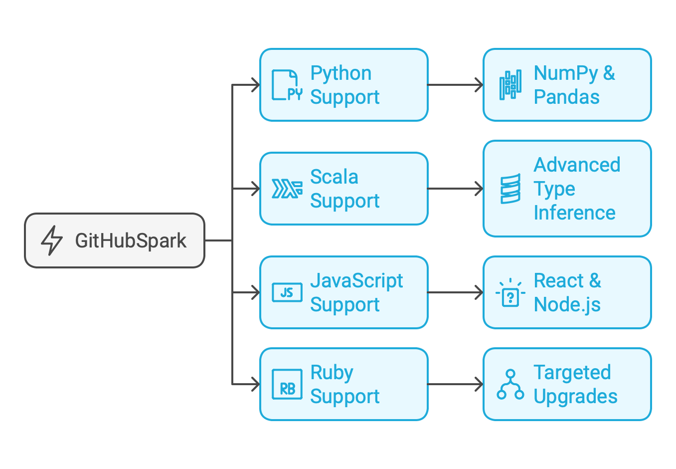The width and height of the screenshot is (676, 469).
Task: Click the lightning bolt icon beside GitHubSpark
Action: pyautogui.click(x=52, y=240)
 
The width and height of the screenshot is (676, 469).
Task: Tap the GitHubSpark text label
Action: pyautogui.click(x=131, y=240)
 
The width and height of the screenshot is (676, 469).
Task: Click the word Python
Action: pyautogui.click(x=340, y=73)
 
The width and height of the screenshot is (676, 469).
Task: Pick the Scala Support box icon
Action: pyautogui.click(x=287, y=189)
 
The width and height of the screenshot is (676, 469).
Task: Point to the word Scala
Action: pyautogui.click(x=334, y=177)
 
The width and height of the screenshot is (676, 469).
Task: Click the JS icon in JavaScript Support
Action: pyautogui.click(x=287, y=292)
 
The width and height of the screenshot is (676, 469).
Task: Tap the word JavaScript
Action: pyautogui.click(x=356, y=281)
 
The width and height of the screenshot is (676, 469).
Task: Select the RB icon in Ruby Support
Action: pyautogui.click(x=287, y=384)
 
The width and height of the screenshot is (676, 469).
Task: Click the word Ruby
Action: pyautogui.click(x=332, y=373)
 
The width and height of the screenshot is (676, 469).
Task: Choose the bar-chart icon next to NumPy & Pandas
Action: pyautogui.click(x=510, y=85)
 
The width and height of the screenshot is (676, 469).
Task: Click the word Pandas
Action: pyautogui.click(x=566, y=97)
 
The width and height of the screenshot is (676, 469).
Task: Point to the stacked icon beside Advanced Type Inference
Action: pyautogui.click(x=510, y=189)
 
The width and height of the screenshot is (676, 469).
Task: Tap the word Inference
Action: pyautogui.click(x=574, y=213)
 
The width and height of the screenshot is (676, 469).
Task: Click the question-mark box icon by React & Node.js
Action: pyautogui.click(x=510, y=293)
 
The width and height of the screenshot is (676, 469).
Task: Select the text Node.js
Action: pyautogui.click(x=567, y=305)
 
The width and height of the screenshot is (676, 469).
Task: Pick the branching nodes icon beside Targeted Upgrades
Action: pyautogui.click(x=510, y=384)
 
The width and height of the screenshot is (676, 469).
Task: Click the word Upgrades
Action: pyautogui.click(x=575, y=397)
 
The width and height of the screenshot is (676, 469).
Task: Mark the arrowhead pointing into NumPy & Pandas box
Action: pyautogui.click(x=480, y=85)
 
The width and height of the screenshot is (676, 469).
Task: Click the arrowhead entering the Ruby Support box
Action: pyautogui.click(x=256, y=384)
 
